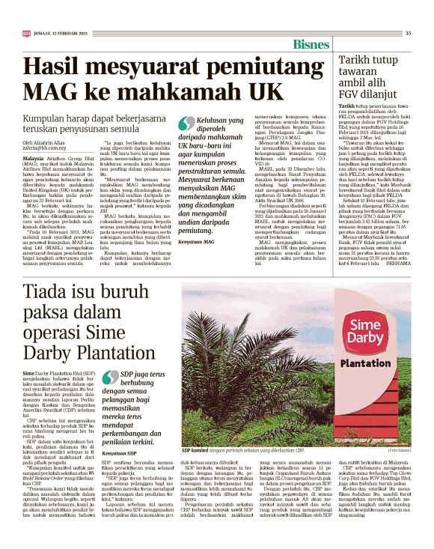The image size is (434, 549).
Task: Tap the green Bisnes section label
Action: coord(311,43)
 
